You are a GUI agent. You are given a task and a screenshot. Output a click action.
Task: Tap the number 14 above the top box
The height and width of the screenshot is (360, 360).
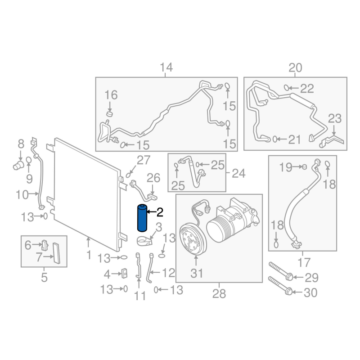point(166,68)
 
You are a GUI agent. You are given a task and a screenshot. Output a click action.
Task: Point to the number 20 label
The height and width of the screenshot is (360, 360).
point(295,68)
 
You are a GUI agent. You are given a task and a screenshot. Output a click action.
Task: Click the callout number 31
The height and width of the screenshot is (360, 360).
point(197,273)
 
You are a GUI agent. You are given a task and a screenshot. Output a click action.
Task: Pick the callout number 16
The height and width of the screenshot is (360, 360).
point(111,95)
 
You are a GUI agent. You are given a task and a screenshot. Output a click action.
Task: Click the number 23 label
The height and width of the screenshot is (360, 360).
point(335,119)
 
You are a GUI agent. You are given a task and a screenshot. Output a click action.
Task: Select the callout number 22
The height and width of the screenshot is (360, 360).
point(307,88)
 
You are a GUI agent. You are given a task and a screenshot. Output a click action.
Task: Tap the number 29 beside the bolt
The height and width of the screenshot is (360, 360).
point(311,277)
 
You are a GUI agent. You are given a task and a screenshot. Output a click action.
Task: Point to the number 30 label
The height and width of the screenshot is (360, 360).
point(310,293)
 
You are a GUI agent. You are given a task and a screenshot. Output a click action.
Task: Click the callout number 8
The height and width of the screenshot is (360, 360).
point(21,144)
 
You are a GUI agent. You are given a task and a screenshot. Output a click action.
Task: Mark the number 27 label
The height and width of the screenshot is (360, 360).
point(144,160)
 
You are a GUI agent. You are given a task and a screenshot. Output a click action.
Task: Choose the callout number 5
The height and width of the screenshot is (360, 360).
point(44,277)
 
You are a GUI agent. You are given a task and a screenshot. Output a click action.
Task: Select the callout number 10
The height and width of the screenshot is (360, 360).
point(22,195)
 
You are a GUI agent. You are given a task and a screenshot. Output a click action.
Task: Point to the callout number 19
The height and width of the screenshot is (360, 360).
point(285,167)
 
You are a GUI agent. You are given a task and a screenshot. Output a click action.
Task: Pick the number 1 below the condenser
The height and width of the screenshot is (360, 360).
point(89,255)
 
